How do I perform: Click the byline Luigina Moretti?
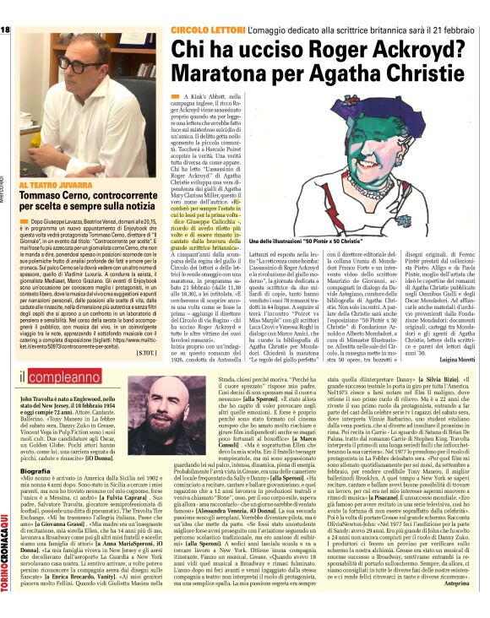click(459, 359)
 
